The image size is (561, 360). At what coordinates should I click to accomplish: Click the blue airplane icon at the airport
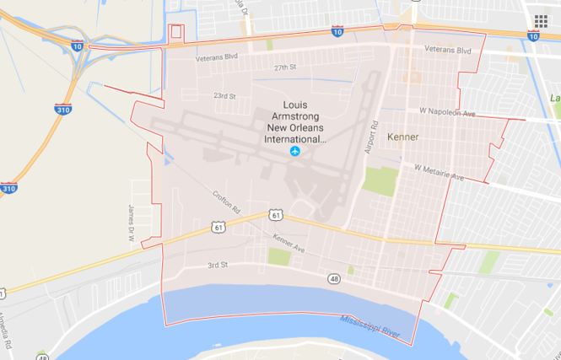[294, 151]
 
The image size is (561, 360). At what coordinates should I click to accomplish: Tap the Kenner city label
[402, 137]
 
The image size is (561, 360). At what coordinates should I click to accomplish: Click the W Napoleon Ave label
[447, 111]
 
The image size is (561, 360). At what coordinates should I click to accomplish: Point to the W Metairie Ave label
[439, 172]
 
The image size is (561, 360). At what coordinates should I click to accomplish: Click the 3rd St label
[218, 266]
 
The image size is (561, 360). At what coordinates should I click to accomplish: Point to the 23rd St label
[224, 96]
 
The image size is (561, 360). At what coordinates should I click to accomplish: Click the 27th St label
[286, 67]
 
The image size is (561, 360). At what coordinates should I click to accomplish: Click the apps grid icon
[541, 21]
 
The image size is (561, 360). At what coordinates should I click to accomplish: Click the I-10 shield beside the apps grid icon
[533, 37]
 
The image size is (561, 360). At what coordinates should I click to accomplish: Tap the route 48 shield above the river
[335, 278]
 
